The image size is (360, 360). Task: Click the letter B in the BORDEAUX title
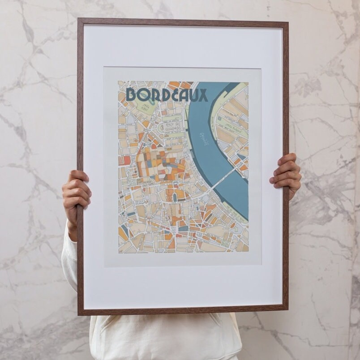(x=132, y=94)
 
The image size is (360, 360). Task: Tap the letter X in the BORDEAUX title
(x=203, y=94)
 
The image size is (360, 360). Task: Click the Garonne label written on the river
(x=204, y=140)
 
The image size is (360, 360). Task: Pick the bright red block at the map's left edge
(x=127, y=160)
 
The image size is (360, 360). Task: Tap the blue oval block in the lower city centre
(x=175, y=197)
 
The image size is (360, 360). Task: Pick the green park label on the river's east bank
(x=232, y=127)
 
